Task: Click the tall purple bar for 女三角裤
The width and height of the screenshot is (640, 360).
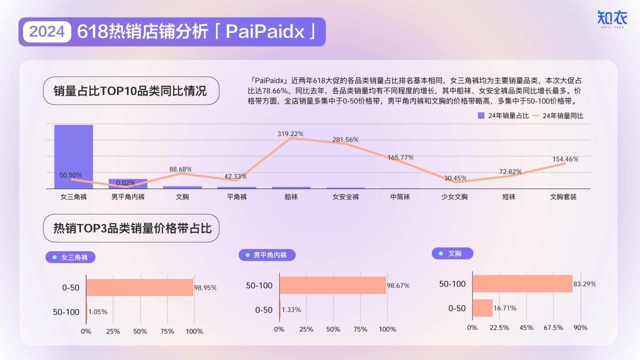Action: tap(73, 156)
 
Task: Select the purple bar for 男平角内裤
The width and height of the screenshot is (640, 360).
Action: tap(128, 183)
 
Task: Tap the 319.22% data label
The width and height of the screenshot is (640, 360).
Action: tap(290, 133)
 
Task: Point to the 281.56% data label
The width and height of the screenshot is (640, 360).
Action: tap(345, 139)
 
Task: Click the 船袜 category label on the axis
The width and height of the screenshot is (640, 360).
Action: tap(291, 197)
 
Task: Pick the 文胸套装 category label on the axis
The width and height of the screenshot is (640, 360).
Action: tap(563, 197)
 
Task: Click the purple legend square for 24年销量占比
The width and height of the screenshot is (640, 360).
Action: tap(481, 115)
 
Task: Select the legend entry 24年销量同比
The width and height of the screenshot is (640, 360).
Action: tap(558, 115)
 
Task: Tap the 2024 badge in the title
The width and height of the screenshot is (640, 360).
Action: tap(47, 31)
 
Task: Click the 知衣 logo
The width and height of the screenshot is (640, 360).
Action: tap(611, 19)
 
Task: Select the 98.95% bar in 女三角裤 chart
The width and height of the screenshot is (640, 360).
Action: tap(139, 287)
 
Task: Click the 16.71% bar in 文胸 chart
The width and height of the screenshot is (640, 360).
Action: tap(482, 308)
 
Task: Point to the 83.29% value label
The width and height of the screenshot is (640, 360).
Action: tap(584, 284)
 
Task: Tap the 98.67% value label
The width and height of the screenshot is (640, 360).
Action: tap(398, 285)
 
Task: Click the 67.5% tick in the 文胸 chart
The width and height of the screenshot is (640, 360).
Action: tap(553, 327)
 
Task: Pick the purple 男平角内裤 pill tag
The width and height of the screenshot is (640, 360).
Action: tap(267, 255)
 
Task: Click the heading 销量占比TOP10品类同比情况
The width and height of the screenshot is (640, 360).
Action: tap(130, 91)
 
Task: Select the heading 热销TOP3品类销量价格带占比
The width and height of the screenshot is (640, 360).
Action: tap(132, 228)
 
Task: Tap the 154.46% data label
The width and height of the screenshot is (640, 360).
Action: tap(565, 159)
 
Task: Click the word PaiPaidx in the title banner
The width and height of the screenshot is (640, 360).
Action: tap(265, 31)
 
